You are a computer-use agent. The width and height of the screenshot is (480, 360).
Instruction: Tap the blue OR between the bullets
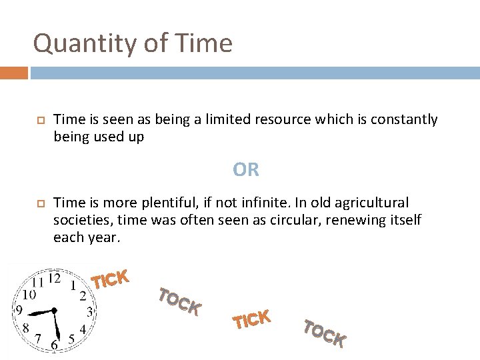246,170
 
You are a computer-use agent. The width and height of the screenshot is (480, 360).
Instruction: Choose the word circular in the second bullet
283,220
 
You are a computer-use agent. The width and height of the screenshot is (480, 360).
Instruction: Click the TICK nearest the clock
110,279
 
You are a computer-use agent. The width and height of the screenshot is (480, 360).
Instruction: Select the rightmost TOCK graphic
325,333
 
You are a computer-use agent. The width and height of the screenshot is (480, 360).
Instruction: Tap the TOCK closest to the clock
180,301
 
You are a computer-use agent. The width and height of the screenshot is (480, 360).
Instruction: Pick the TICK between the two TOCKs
251,319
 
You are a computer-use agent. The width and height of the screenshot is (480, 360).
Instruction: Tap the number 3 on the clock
90,311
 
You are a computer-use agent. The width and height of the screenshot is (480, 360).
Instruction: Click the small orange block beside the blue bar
14,73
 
